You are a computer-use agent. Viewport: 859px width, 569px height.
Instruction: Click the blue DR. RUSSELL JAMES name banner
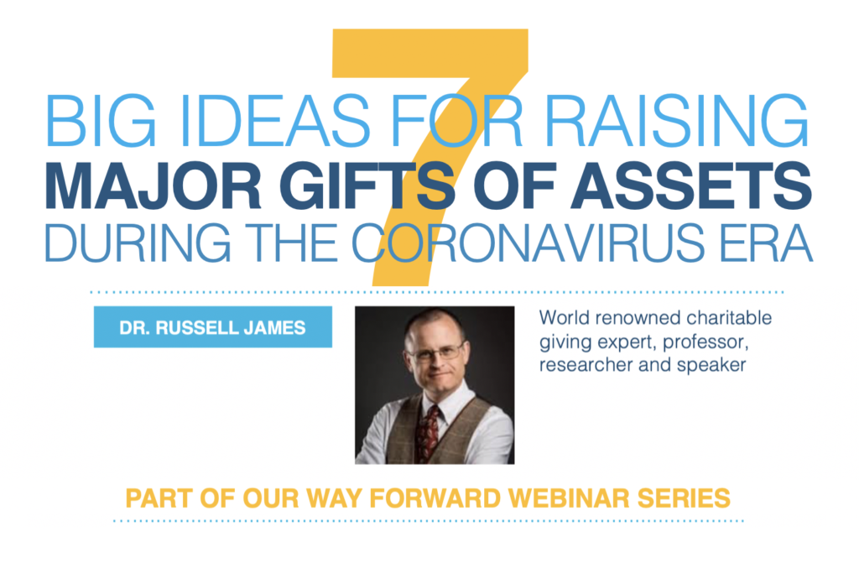click(x=212, y=327)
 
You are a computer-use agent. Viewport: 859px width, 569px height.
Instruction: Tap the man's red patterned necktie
click(x=430, y=433)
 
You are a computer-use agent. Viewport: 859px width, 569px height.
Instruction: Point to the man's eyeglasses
click(x=435, y=353)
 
